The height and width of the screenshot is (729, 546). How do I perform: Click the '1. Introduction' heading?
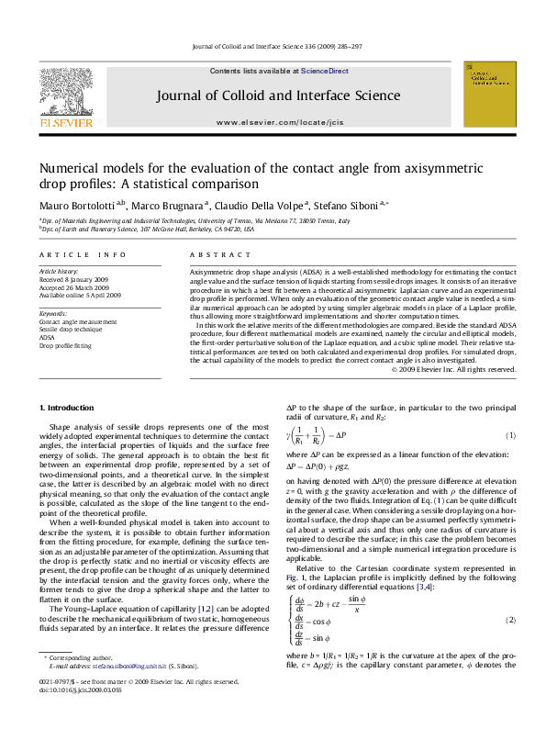70,406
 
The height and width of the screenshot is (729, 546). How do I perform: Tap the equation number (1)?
510,435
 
